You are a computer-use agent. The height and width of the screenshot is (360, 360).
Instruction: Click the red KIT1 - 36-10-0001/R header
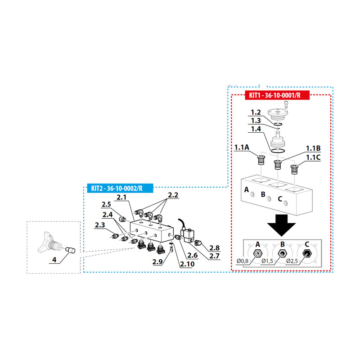click(x=277, y=95)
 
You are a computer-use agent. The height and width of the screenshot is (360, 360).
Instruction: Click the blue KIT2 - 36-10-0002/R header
click(x=120, y=188)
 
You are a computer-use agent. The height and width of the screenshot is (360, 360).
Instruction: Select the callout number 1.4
click(x=256, y=129)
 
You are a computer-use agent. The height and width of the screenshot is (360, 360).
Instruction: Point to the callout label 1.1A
click(x=242, y=147)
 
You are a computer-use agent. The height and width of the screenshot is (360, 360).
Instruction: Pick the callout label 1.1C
click(x=313, y=157)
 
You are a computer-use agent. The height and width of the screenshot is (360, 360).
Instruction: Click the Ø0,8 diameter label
click(x=243, y=261)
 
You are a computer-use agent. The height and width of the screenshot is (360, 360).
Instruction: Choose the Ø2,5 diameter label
click(x=292, y=261)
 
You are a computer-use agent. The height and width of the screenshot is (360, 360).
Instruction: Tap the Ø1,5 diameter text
click(x=267, y=261)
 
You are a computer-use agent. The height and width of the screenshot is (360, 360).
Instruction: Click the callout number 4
click(x=54, y=260)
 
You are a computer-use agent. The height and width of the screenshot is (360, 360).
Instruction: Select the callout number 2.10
click(x=187, y=264)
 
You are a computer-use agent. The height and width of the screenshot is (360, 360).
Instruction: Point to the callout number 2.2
click(x=173, y=195)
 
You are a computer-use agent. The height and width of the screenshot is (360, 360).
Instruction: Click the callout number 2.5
click(x=106, y=204)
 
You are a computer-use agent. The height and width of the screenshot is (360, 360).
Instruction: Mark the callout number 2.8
click(x=215, y=248)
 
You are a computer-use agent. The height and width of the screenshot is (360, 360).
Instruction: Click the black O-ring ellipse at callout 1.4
click(x=278, y=151)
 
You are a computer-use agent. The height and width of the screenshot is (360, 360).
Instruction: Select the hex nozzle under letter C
click(x=307, y=253)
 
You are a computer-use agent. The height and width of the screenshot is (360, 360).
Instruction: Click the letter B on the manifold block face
click(x=263, y=194)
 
